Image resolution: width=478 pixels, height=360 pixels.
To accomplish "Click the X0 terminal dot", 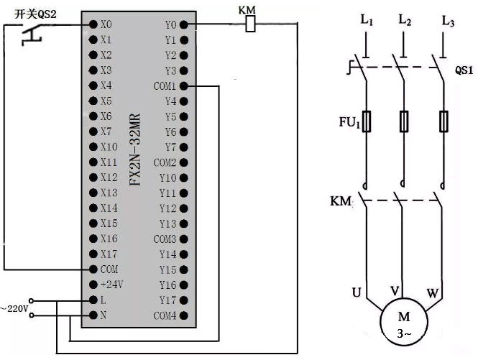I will (93, 24).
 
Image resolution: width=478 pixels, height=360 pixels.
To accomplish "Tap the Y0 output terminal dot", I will (183, 24).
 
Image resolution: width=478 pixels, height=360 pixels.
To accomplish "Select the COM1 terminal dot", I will (183, 86).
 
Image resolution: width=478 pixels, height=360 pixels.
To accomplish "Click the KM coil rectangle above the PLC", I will (250, 24).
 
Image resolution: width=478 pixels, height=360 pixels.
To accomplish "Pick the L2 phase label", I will (404, 22).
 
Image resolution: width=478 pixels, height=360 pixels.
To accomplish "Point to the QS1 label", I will (464, 71).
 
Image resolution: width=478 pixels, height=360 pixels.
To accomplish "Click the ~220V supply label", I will (15, 308).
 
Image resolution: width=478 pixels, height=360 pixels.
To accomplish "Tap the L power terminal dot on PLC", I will (93, 300).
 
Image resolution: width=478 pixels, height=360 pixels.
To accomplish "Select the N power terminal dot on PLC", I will (93, 315).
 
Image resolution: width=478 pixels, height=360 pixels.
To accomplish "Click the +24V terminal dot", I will (93, 285).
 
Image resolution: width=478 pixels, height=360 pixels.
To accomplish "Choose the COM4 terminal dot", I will (183, 315).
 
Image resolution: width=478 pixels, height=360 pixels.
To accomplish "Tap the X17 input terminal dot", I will (93, 254).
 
